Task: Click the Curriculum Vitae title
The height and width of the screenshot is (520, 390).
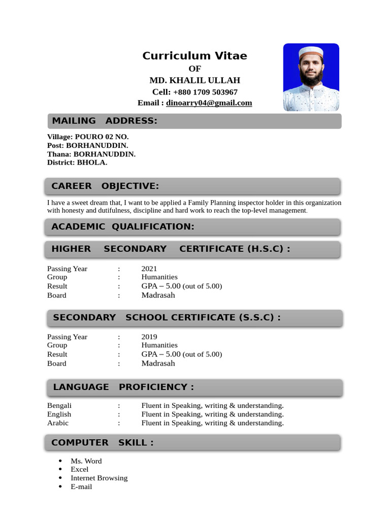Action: coord(194,56)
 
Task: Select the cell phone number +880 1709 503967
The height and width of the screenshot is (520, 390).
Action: coord(205,92)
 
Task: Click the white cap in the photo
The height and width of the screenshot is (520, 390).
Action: coord(310,52)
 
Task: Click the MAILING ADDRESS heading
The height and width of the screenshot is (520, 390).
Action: coord(104,121)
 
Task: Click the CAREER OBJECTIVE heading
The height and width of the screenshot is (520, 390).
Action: coord(105,186)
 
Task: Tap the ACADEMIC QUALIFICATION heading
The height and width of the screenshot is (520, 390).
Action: coord(123,226)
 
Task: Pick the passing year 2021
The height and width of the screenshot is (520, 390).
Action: coord(149,269)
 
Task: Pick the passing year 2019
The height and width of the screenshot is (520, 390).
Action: coord(149,337)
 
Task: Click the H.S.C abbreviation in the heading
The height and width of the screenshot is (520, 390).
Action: coord(266,249)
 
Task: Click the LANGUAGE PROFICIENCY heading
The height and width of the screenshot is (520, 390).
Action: coord(123,387)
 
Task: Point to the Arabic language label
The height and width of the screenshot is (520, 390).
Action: coord(58,423)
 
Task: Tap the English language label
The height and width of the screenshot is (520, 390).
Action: coord(59,414)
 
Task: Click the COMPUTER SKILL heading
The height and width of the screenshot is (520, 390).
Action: coord(102,443)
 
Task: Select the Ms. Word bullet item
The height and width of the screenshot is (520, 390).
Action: coord(86,461)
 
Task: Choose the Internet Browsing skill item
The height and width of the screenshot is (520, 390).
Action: coord(99,478)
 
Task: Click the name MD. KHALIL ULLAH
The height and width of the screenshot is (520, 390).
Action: coord(194,80)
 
